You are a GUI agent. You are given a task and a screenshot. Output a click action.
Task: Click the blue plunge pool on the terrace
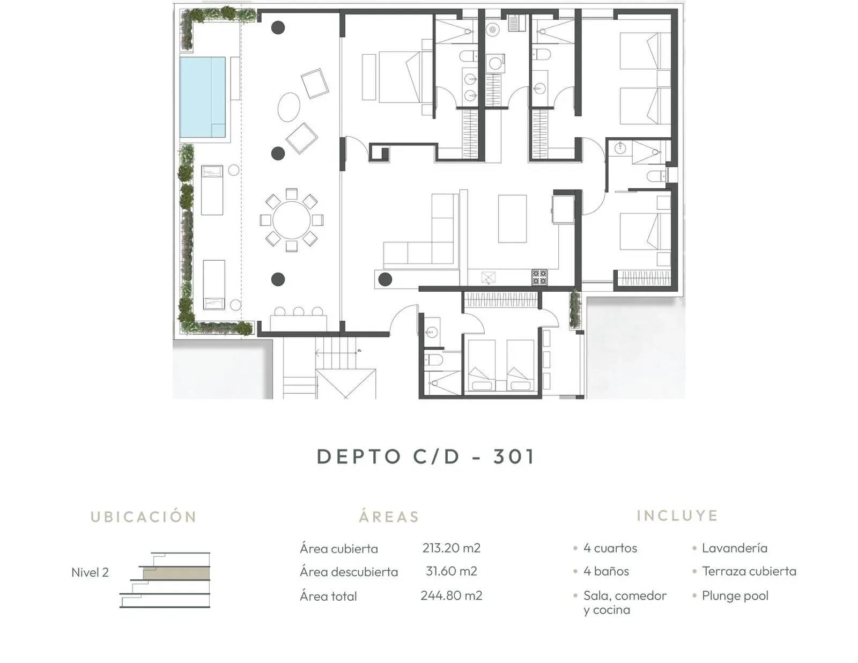pos(202,97)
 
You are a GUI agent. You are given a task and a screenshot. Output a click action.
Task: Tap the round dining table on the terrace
pos(291,220)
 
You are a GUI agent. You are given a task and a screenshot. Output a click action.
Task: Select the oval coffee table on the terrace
pos(289,107)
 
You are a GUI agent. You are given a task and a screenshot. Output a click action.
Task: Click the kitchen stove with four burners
pos(539,277)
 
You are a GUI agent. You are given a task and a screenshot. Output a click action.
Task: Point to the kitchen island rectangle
pos(512,219)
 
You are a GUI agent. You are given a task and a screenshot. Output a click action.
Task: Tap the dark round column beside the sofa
pos(385,279)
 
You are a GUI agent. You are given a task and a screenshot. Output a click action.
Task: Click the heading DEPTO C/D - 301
pos(426,456)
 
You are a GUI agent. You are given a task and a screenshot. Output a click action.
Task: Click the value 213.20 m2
pos(451,548)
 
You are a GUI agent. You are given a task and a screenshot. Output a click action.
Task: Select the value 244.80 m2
pos(451,595)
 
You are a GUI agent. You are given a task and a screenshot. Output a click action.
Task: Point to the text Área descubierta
pos(349,572)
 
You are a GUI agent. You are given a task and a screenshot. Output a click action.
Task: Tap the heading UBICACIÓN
pos(144,517)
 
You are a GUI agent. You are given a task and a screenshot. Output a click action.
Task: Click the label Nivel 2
pos(90,572)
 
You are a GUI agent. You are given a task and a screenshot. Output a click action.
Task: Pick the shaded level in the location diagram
pos(176,573)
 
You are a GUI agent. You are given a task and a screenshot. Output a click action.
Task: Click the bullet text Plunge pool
pos(735,595)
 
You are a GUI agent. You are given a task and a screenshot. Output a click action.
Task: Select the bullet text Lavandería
pos(734,548)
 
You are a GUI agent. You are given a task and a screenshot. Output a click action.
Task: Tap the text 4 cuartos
pos(610,548)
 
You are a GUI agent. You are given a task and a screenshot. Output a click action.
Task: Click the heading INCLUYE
pos(677,515)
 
